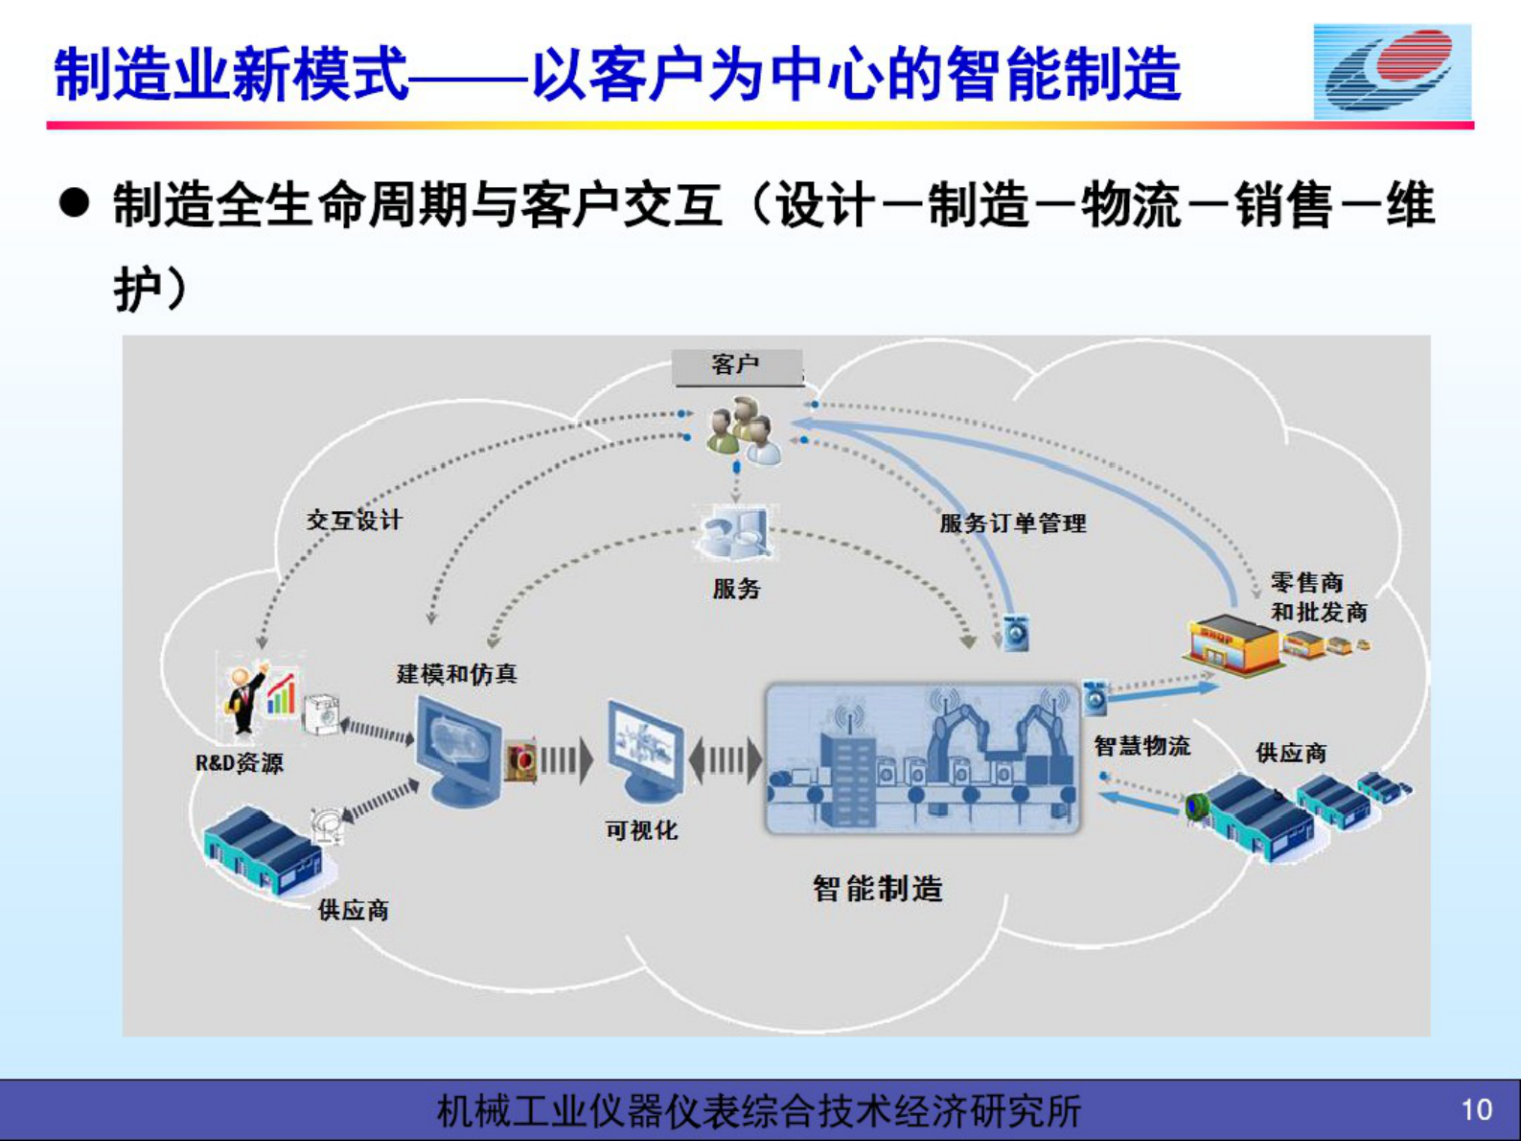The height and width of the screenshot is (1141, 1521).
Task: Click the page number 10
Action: (x=1476, y=1109)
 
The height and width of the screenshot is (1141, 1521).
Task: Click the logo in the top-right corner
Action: (x=1392, y=72)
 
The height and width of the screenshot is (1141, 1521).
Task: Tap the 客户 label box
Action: (x=737, y=365)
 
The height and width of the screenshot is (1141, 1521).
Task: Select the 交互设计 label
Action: (x=354, y=521)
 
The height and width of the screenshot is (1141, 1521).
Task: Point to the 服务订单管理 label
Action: (x=1012, y=524)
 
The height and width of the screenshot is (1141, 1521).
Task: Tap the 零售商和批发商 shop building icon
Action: (x=1233, y=643)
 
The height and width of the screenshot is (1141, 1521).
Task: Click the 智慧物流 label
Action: (x=1141, y=746)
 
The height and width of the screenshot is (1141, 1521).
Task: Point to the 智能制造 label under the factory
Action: (x=877, y=889)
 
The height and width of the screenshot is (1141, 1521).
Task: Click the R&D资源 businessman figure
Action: (x=244, y=697)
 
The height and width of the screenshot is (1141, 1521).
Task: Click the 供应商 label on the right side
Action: (x=1291, y=754)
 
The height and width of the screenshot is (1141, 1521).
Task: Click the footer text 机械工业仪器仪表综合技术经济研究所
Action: (x=758, y=1111)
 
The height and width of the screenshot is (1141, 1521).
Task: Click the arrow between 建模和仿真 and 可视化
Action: (x=566, y=760)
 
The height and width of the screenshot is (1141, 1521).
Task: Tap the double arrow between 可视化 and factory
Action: (x=726, y=760)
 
